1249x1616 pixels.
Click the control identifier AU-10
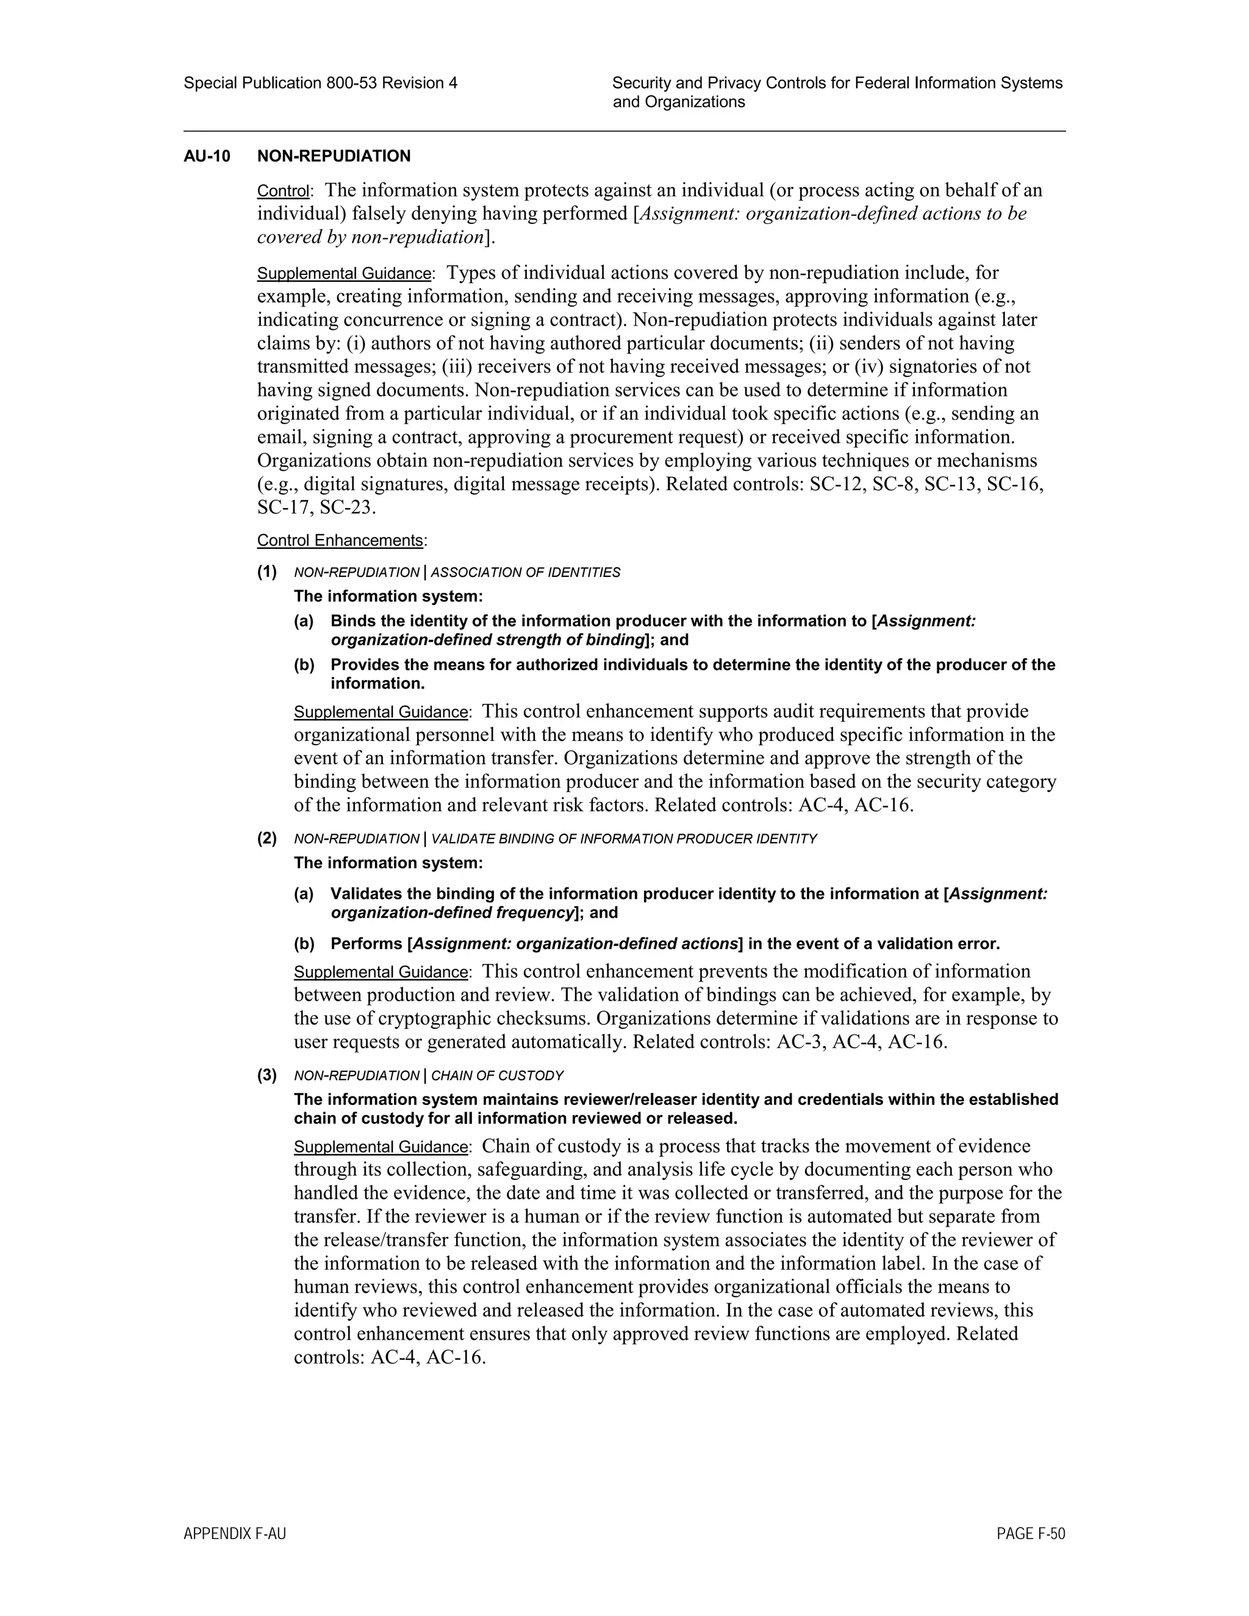click(x=207, y=156)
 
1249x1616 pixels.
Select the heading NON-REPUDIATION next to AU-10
click(x=333, y=156)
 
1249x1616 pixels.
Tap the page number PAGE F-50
click(x=1030, y=1534)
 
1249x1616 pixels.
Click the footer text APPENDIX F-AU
click(x=235, y=1534)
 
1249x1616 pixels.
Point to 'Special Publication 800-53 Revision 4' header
click(x=320, y=84)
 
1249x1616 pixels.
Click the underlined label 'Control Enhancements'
click(x=340, y=540)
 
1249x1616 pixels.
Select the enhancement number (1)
click(x=267, y=571)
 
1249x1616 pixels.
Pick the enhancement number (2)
click(x=267, y=838)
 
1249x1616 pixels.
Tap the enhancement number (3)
click(x=267, y=1074)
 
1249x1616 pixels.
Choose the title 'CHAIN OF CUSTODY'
click(x=497, y=1076)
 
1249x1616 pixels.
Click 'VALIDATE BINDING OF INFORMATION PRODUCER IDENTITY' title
click(x=624, y=839)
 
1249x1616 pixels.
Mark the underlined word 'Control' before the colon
click(x=282, y=191)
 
